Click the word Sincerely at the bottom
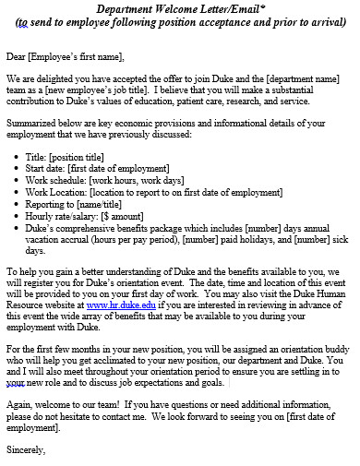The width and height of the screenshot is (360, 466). [25, 449]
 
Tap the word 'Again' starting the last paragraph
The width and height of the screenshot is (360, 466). [18, 406]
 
